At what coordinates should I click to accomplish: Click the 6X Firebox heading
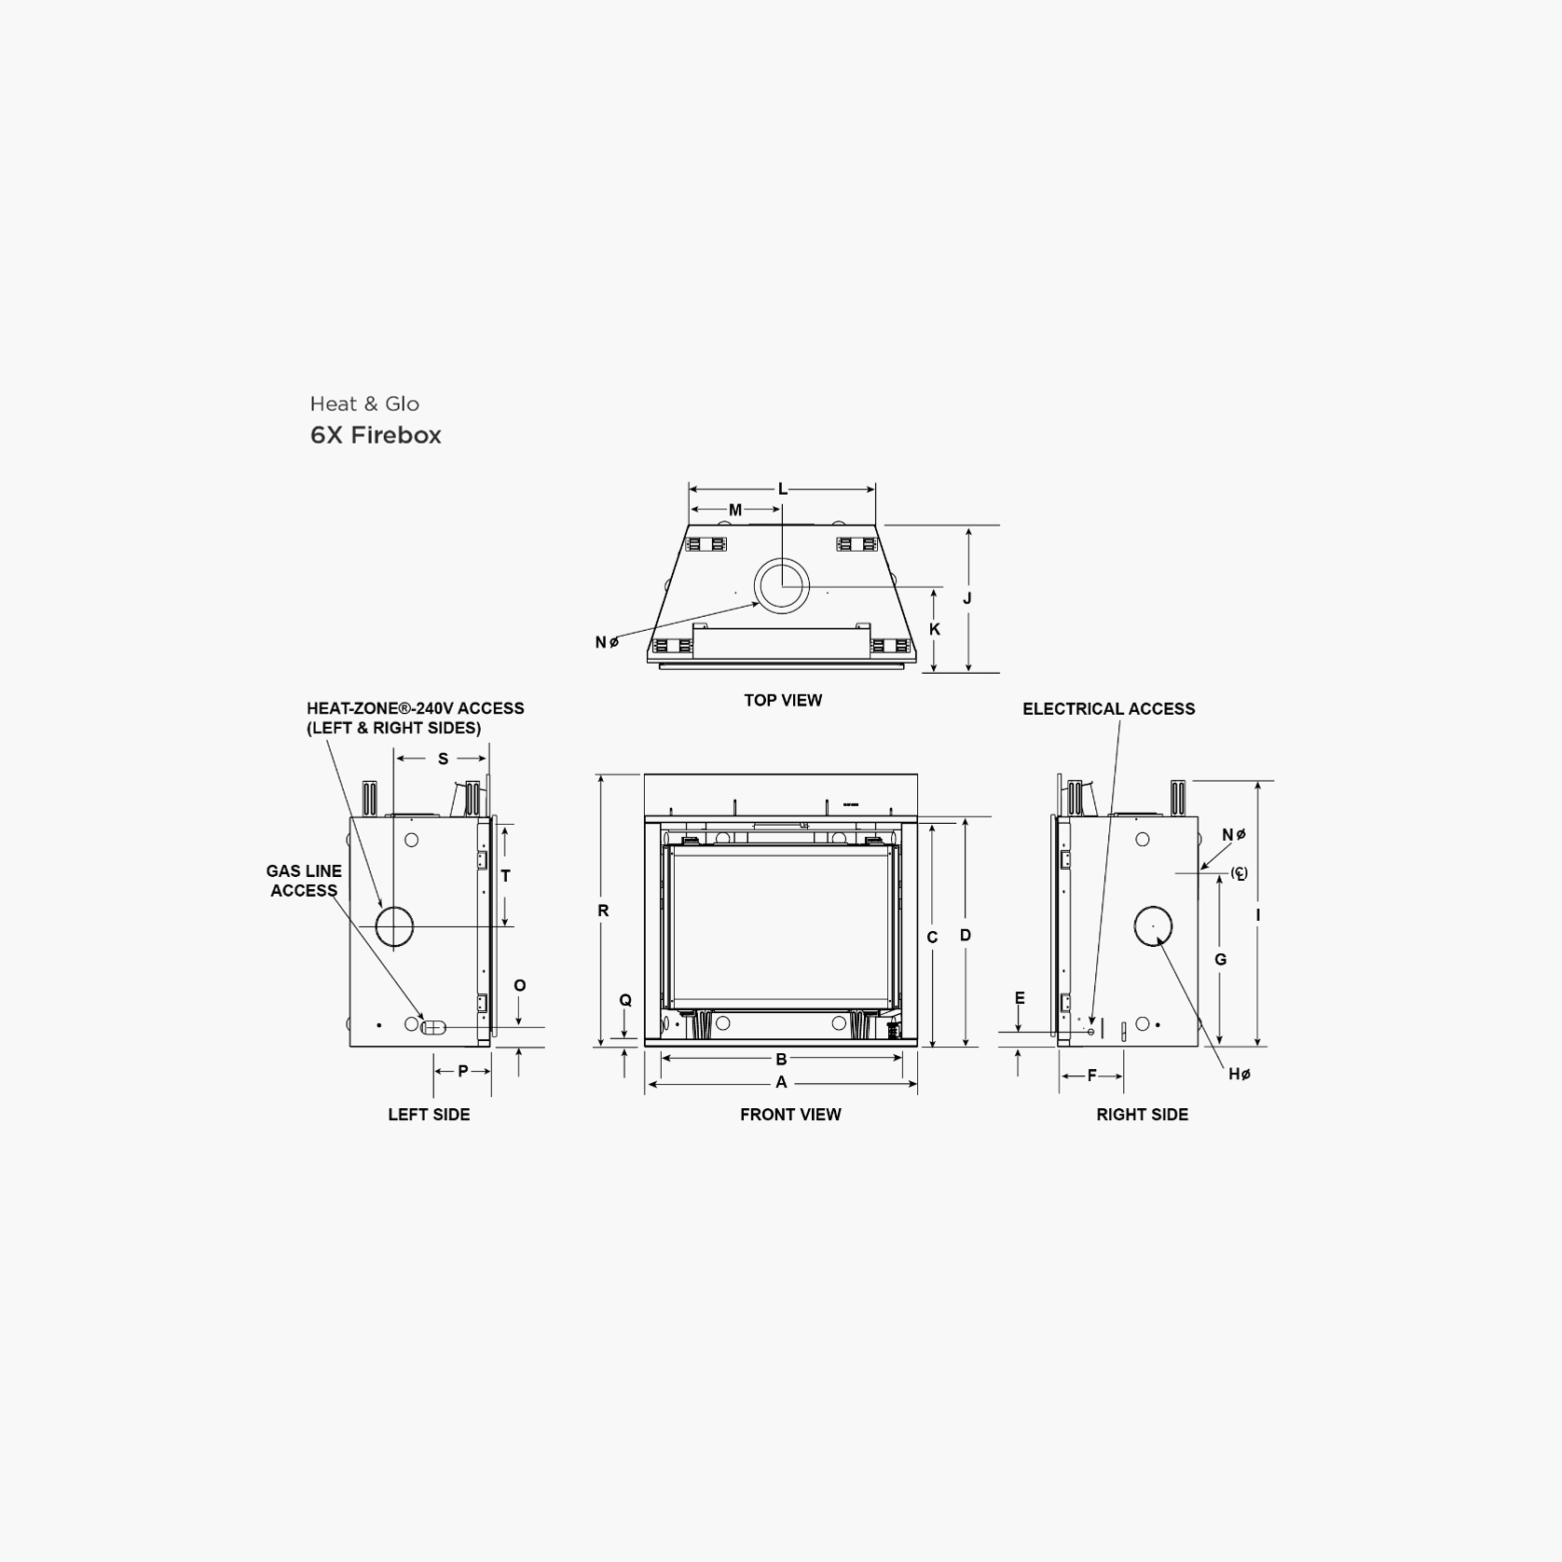tap(376, 435)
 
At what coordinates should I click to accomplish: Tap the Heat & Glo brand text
tap(364, 404)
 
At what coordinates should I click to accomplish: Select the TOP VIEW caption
tap(783, 700)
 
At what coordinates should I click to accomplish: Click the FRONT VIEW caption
tap(790, 1114)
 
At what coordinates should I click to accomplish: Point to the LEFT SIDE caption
tap(429, 1114)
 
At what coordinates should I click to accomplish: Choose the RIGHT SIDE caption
tap(1142, 1114)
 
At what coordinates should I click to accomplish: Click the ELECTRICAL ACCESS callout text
tap(1108, 708)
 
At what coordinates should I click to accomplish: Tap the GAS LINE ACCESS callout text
tap(304, 881)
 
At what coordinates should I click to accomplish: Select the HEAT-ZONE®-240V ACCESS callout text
tap(415, 708)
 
